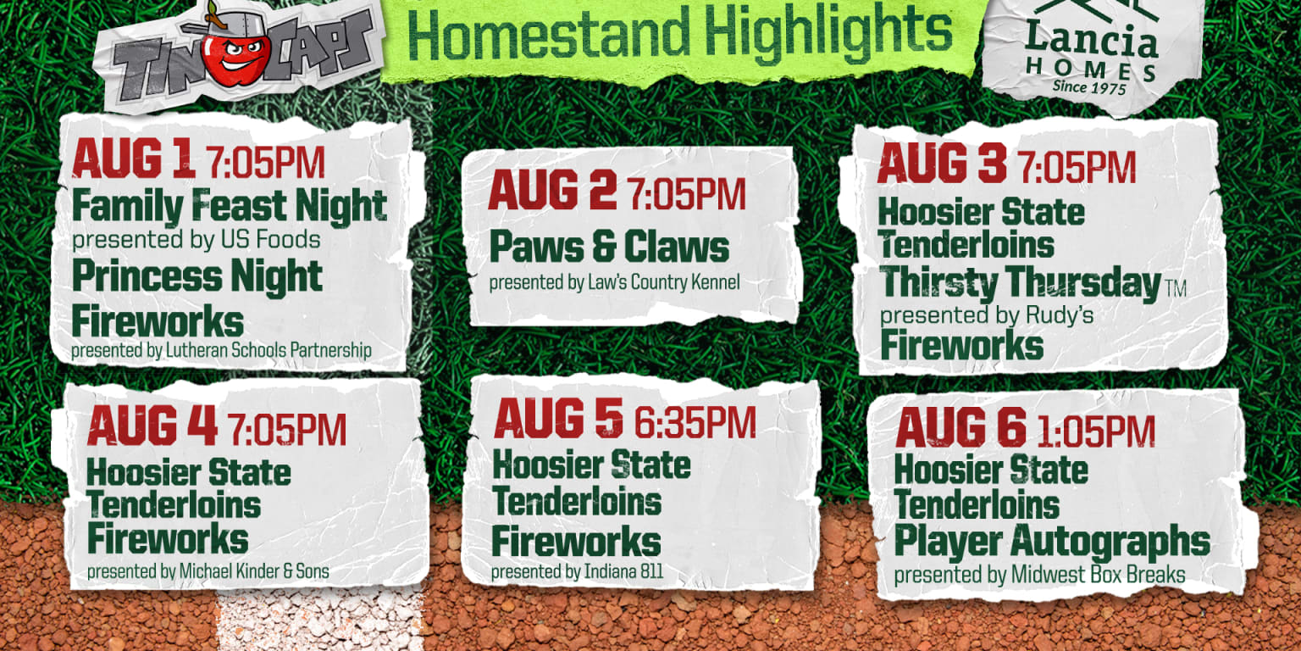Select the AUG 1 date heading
[x=134, y=160]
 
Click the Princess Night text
[x=197, y=277]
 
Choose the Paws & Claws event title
[x=609, y=248]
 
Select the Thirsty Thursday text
[x=1020, y=283]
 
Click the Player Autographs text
[x=1051, y=541]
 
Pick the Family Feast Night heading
[x=229, y=206]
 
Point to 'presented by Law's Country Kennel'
[x=614, y=281]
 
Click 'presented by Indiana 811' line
[x=577, y=572]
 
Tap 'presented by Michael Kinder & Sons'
[x=208, y=572]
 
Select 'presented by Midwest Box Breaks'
[x=1039, y=575]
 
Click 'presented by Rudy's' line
[x=986, y=315]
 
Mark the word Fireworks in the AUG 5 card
[x=576, y=542]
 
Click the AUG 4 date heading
[x=152, y=426]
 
